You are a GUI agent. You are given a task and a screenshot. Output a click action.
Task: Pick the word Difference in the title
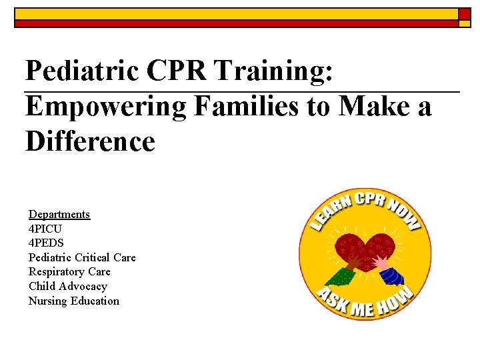pyautogui.click(x=90, y=141)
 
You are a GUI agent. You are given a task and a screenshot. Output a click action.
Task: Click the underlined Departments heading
pyautogui.click(x=59, y=214)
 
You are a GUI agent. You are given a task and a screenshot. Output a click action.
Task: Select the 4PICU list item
pyautogui.click(x=46, y=229)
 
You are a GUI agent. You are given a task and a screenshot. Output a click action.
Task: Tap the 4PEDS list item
pyautogui.click(x=46, y=243)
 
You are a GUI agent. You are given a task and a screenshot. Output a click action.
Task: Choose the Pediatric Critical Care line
pyautogui.click(x=82, y=257)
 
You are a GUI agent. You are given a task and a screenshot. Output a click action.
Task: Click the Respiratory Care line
pyautogui.click(x=69, y=272)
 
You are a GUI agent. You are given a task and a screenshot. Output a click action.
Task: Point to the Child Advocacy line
pyautogui.click(x=67, y=287)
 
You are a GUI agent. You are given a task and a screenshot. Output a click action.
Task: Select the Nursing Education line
pyautogui.click(x=73, y=301)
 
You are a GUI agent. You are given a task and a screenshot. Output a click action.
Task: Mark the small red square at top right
pyautogui.click(x=464, y=13)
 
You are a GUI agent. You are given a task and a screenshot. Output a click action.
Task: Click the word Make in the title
pyautogui.click(x=375, y=106)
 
